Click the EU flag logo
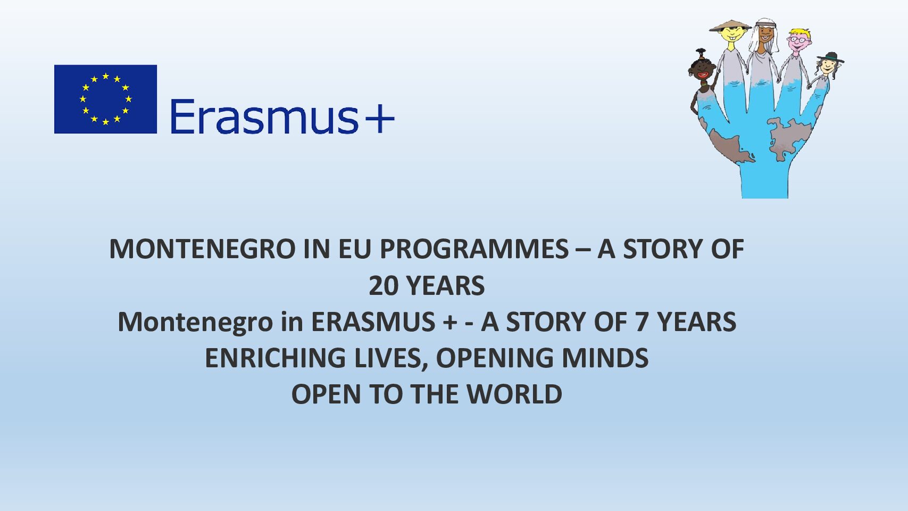tap(105, 99)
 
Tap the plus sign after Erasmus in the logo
tap(379, 118)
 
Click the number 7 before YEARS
tap(642, 323)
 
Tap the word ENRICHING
tap(275, 358)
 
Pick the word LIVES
tap(391, 359)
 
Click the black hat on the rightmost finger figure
tap(830, 57)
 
